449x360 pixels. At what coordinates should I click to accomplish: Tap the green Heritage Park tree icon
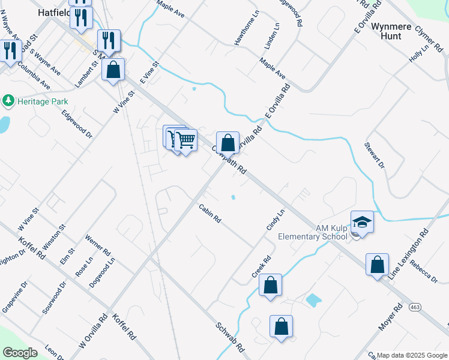[8, 101]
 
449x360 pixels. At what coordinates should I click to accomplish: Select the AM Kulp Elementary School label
[313, 232]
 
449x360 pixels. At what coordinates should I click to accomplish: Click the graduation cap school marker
[362, 222]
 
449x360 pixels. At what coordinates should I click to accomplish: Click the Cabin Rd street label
[210, 214]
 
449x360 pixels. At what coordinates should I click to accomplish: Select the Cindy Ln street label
[275, 220]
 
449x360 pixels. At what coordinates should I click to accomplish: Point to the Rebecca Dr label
[424, 270]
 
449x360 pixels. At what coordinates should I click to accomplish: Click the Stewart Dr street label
[375, 155]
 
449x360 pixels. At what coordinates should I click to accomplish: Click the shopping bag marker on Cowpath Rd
[228, 144]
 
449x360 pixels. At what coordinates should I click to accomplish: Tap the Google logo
[20, 352]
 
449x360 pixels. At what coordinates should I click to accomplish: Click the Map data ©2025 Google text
[411, 355]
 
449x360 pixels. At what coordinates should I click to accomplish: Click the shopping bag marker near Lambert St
[113, 70]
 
